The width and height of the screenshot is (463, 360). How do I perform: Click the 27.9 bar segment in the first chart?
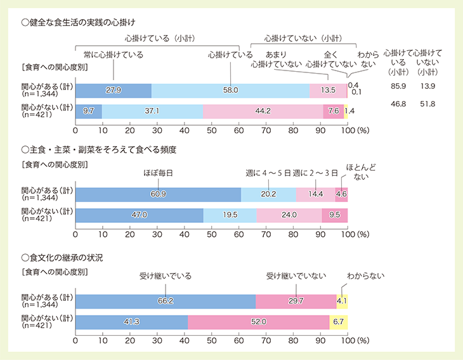[114, 90]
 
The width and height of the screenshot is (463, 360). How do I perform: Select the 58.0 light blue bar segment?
[231, 90]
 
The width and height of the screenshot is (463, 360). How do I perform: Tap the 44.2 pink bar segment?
[263, 111]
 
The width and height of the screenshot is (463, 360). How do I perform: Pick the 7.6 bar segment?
[334, 111]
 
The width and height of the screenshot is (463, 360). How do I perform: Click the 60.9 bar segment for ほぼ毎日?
[158, 194]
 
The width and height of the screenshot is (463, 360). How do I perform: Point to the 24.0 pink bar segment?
[289, 215]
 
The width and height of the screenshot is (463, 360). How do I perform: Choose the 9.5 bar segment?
[335, 215]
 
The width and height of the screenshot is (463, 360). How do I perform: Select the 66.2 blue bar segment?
[166, 302]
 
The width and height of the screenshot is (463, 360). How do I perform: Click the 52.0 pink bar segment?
[258, 323]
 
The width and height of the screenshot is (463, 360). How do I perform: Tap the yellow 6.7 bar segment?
[338, 323]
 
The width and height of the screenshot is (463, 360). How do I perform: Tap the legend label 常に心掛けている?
[113, 55]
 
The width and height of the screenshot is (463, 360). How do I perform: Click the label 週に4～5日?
[268, 172]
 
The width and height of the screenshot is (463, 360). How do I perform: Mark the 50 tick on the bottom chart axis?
[211, 341]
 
